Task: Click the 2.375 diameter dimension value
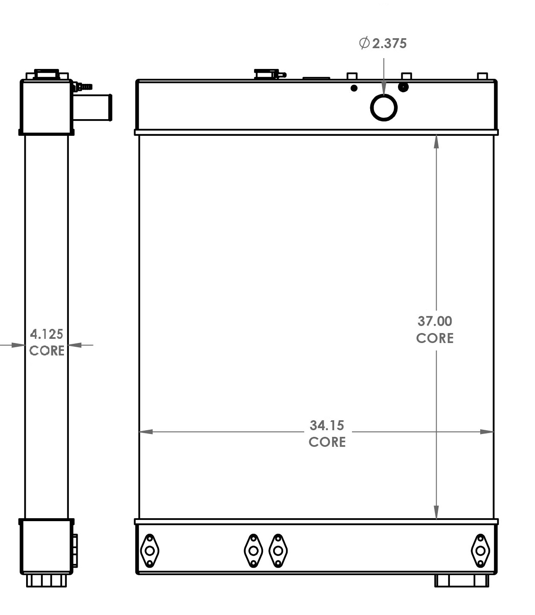point(389,43)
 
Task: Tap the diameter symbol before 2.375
point(364,43)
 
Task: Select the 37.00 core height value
point(435,321)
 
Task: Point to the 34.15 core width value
point(327,425)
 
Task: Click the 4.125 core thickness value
point(46,334)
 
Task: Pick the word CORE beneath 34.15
point(327,442)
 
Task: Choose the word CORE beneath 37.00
point(435,338)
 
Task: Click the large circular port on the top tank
point(384,108)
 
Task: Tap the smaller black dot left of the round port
point(354,88)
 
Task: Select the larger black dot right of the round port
point(403,87)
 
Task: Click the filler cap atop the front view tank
point(266,74)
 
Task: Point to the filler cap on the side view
point(46,74)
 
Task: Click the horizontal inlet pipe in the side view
point(93,108)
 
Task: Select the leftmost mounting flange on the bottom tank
point(149,551)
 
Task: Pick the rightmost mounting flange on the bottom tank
point(480,551)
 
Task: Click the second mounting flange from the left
point(253,551)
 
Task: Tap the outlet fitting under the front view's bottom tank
point(462,581)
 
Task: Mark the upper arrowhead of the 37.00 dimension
point(436,142)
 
